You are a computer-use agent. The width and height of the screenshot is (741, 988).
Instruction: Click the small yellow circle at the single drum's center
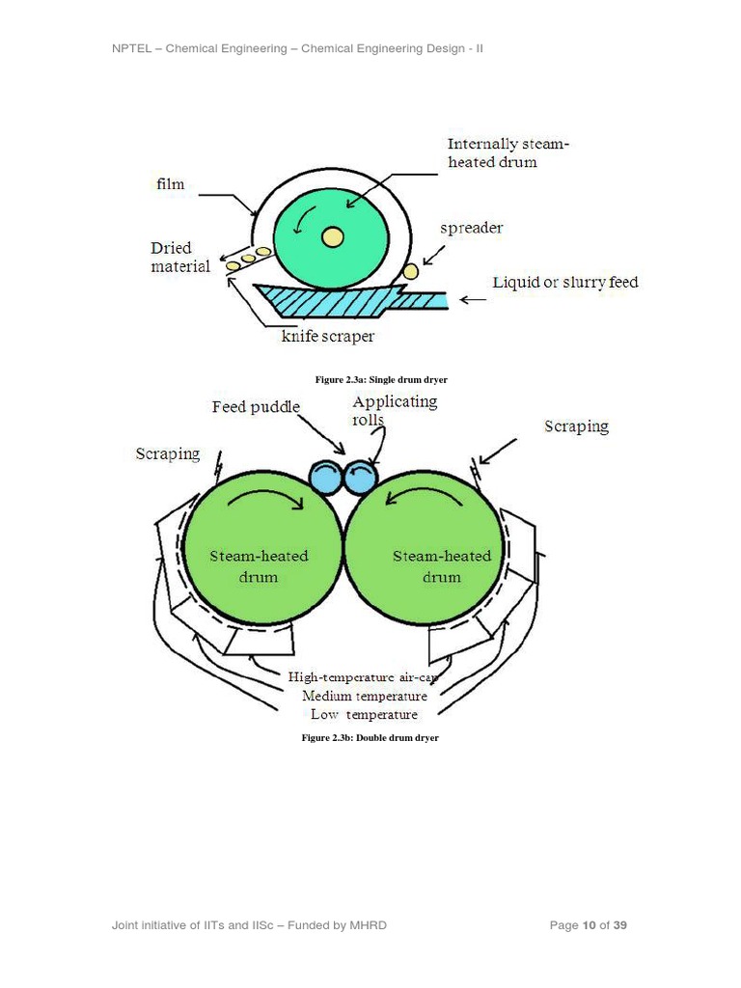point(332,236)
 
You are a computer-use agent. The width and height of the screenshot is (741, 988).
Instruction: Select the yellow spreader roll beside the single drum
point(411,272)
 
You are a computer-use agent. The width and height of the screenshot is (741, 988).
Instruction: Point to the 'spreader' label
point(471,229)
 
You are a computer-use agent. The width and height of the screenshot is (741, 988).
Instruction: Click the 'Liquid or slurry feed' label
point(564,283)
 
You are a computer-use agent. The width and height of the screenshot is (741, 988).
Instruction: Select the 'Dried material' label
point(179,257)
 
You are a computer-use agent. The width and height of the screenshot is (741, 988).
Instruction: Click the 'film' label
point(170,183)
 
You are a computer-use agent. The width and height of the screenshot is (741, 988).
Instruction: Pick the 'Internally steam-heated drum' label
point(508,152)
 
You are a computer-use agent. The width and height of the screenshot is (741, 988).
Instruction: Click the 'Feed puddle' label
point(256,407)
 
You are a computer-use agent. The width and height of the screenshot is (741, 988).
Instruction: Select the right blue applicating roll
point(360,475)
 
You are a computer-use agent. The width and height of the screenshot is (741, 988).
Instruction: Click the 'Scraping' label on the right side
point(576,425)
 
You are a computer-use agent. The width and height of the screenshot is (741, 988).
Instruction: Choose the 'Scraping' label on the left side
point(167,453)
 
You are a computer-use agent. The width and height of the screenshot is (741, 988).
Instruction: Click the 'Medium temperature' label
point(365,696)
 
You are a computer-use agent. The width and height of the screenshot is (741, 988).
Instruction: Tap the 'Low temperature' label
point(364,715)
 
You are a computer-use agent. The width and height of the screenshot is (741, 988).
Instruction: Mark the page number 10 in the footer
point(589,926)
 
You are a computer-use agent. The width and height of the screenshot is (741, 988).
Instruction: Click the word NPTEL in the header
point(133,48)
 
